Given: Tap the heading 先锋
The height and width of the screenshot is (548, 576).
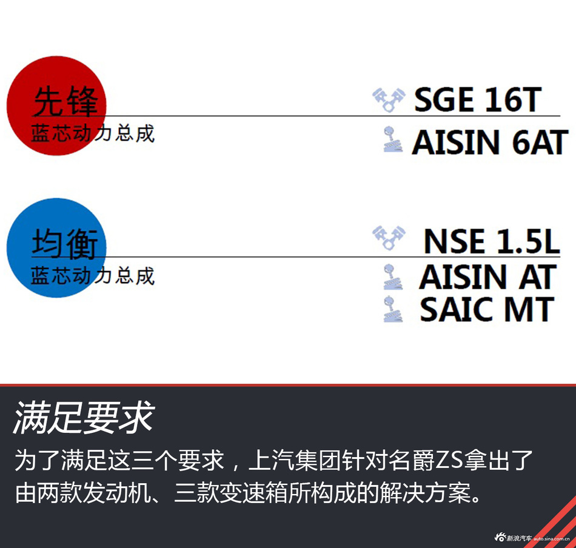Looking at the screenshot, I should [65, 101].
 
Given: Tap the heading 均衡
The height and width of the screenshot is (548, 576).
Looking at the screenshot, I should [65, 245].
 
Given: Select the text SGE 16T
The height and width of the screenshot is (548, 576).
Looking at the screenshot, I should [477, 100].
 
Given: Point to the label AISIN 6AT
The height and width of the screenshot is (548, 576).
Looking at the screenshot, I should [489, 142].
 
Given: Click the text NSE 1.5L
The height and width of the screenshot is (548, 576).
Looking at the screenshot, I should [491, 241].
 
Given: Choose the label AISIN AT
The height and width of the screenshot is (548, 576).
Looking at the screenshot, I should [487, 277].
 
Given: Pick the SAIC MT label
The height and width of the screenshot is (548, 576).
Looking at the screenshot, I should [487, 309].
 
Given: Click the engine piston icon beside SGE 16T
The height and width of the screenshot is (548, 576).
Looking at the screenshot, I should [389, 100].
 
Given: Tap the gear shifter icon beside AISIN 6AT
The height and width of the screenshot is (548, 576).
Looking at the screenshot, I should [393, 140].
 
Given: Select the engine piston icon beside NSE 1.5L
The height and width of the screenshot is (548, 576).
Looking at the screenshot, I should [389, 239].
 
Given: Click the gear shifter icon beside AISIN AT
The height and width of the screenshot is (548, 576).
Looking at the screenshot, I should [393, 276].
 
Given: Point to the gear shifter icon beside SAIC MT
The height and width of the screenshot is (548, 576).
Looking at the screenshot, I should [393, 309].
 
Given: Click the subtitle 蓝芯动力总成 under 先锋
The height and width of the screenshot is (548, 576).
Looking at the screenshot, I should [93, 133].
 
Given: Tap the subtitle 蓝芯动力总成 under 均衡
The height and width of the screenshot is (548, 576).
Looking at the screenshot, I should [93, 276].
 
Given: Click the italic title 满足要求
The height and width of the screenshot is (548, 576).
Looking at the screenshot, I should [84, 418].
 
